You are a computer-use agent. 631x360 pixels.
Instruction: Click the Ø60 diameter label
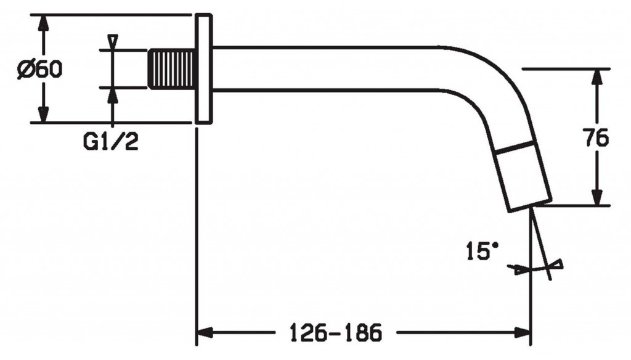coord(40,69)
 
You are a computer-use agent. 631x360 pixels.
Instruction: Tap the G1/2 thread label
coord(111,142)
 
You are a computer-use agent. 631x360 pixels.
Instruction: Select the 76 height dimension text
coord(596,137)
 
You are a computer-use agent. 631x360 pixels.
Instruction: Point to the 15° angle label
coord(482,251)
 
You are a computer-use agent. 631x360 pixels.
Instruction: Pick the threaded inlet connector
coord(172,68)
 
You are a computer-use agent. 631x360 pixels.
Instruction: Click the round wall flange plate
coord(203,68)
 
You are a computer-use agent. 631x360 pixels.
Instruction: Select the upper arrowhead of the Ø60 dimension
coord(44,26)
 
